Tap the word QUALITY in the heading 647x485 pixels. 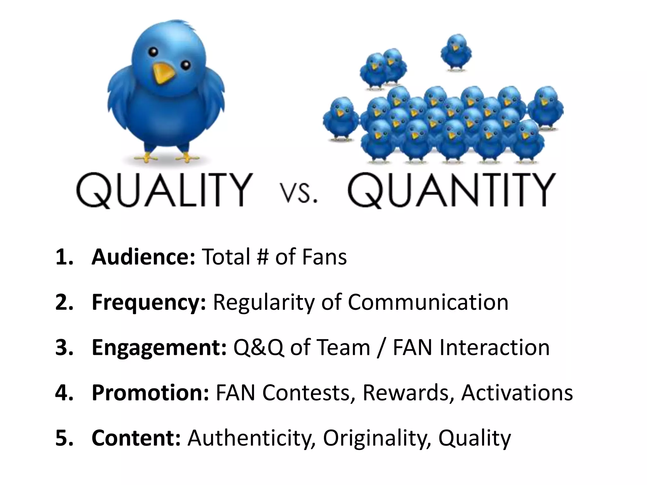point(164,190)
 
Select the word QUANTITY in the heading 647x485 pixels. point(452,190)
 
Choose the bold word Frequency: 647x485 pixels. point(149,302)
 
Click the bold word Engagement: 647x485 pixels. point(159,347)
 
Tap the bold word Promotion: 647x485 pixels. point(150,392)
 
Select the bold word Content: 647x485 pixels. point(136,438)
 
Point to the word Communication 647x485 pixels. point(428,302)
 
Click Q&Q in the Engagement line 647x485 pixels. point(258,348)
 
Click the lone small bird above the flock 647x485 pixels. point(456,52)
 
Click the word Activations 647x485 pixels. point(517,392)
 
